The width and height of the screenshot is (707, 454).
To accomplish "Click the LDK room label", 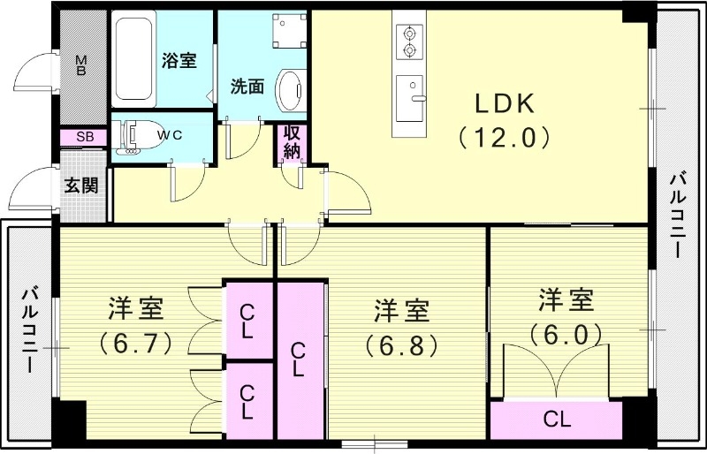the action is (505, 105).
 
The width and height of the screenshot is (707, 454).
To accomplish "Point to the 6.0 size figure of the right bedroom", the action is (566, 333).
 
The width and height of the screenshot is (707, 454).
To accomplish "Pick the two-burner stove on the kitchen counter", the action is (410, 41).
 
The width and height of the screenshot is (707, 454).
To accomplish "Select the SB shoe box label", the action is (85, 137).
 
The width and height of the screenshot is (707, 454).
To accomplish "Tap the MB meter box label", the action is (80, 66).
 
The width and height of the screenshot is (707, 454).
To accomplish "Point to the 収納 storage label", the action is (293, 143).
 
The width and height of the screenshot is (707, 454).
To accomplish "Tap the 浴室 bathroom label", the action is (179, 61).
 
